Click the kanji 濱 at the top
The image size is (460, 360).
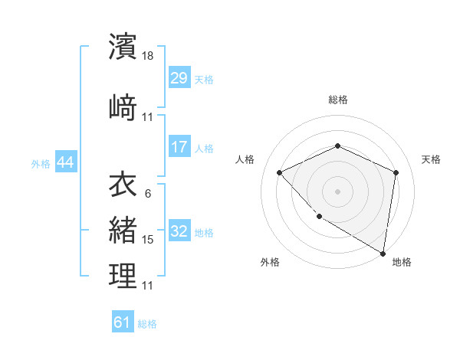[123, 47]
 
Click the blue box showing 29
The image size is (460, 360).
[179, 79]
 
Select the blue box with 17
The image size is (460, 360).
[179, 147]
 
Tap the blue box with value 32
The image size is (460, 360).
[179, 232]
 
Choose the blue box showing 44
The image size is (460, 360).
[65, 162]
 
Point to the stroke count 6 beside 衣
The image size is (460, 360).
[147, 194]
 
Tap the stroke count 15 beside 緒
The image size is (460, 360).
[148, 240]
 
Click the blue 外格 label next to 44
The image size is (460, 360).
[41, 163]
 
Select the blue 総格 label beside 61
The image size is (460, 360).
[147, 324]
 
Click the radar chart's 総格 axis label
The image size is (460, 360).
[337, 100]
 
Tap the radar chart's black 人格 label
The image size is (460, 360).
[245, 159]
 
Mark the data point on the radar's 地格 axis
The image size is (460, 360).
[383, 253]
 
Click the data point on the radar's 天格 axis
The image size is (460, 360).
[396, 172]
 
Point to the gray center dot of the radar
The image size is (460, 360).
[337, 191]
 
